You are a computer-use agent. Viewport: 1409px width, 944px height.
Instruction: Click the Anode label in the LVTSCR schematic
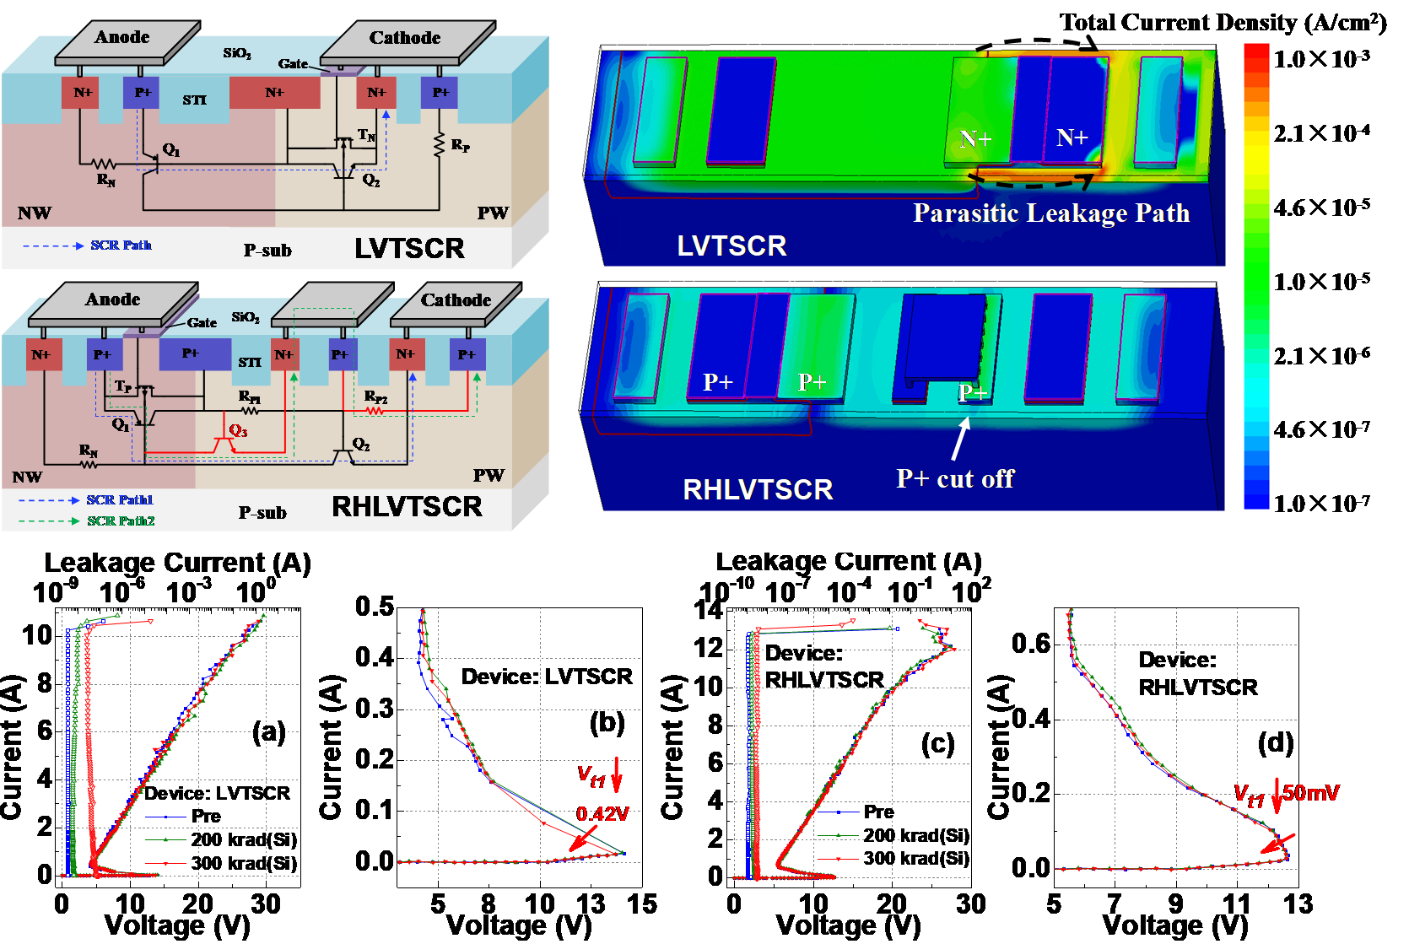click(x=122, y=37)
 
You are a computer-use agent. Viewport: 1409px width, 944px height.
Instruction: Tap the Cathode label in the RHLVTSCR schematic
click(x=456, y=300)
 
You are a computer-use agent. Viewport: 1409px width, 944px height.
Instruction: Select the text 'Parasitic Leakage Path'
click(x=1051, y=213)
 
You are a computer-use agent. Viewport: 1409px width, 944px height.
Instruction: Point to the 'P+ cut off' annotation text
click(x=955, y=479)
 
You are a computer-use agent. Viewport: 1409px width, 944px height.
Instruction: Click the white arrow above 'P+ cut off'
click(x=960, y=439)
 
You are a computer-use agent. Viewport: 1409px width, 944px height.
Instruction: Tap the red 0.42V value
click(x=603, y=814)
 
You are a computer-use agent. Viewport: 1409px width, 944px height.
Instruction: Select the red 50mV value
click(x=1311, y=793)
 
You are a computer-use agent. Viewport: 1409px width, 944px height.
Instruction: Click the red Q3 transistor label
click(x=239, y=431)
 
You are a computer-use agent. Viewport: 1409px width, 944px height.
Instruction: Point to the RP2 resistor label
click(x=376, y=396)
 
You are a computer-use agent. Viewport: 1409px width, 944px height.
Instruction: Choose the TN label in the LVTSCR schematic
click(x=366, y=135)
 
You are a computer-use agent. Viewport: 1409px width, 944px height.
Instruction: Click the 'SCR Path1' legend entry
click(x=120, y=500)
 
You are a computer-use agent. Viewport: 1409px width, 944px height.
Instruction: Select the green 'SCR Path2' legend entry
click(x=121, y=521)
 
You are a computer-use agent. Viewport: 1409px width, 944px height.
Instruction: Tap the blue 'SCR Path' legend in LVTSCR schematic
click(x=121, y=245)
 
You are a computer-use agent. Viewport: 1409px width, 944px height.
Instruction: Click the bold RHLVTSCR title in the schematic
click(x=407, y=506)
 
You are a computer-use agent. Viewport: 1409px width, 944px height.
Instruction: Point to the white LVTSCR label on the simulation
click(x=731, y=246)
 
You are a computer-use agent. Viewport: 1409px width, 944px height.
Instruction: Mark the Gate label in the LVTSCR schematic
click(x=293, y=64)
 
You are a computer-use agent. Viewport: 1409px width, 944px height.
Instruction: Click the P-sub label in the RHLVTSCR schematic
click(x=262, y=513)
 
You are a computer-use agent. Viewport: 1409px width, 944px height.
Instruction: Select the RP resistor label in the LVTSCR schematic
click(x=461, y=145)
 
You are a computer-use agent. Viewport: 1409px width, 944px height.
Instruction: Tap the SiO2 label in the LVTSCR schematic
click(x=237, y=53)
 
